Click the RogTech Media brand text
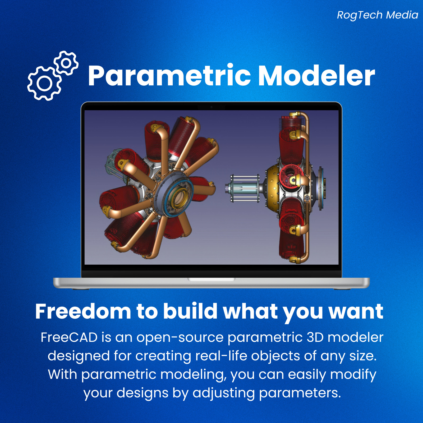pyautogui.click(x=377, y=15)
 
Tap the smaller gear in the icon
pyautogui.click(x=66, y=63)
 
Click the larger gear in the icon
pyautogui.click(x=44, y=84)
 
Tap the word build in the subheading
pyautogui.click(x=190, y=311)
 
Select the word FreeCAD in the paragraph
pyautogui.click(x=69, y=338)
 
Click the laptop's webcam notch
pyautogui.click(x=212, y=107)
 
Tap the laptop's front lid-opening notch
pyautogui.click(x=212, y=279)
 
